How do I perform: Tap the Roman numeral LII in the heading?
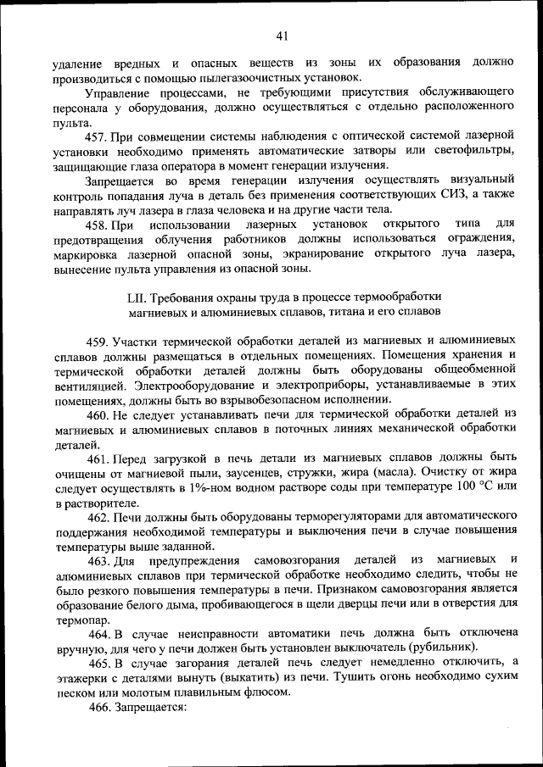coord(137,297)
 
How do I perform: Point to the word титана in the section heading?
coord(344,312)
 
